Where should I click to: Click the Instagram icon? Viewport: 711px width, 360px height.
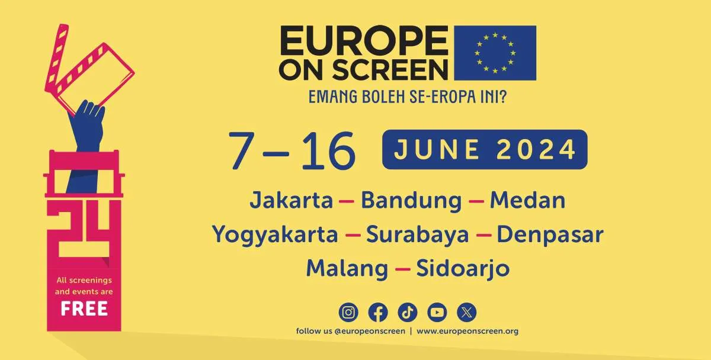click(348, 312)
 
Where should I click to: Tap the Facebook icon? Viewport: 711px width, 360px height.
click(378, 312)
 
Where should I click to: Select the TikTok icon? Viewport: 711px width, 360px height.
click(408, 312)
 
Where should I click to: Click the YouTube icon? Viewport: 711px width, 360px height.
click(437, 312)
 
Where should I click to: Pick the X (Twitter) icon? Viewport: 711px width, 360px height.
click(467, 312)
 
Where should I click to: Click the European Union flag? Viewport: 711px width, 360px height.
click(495, 53)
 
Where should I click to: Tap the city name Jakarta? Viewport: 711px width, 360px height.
click(292, 201)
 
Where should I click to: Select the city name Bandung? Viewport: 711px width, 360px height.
click(411, 201)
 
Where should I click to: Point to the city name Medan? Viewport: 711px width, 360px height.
click(527, 201)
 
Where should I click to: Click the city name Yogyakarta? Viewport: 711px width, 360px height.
click(275, 235)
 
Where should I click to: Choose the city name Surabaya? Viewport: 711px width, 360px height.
click(417, 235)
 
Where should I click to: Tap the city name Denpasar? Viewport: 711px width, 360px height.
click(550, 235)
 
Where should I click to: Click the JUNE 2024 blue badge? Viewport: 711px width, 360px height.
click(485, 149)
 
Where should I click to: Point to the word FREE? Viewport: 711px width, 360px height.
click(84, 309)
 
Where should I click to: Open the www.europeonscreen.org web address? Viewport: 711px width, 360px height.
click(467, 331)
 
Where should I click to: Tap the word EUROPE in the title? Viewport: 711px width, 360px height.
click(364, 41)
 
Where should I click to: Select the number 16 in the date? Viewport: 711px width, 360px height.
click(328, 151)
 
